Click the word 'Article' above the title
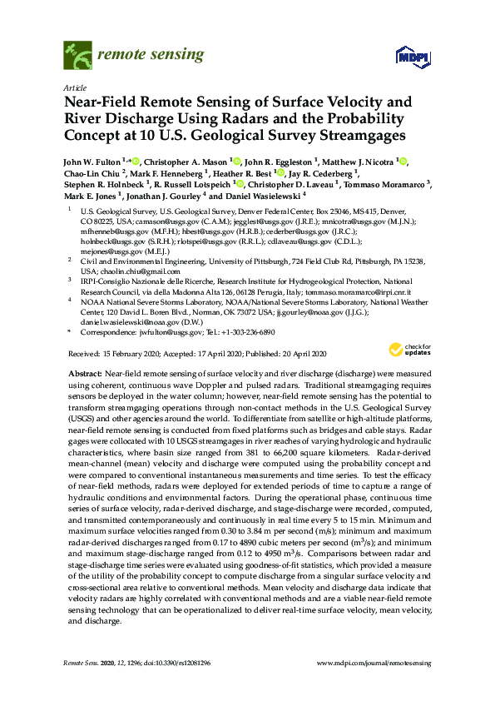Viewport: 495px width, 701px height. [x=75, y=87]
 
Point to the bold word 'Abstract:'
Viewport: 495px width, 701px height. [x=86, y=375]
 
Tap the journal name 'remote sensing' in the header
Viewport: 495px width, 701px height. [x=150, y=55]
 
